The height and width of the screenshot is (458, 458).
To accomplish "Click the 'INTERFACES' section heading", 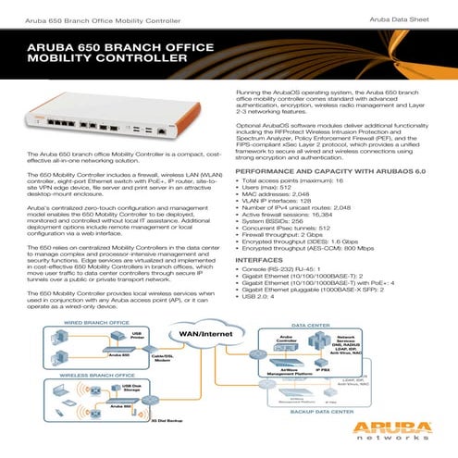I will coord(265,261).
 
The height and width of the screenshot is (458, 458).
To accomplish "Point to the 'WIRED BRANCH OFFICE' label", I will coord(69,324).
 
